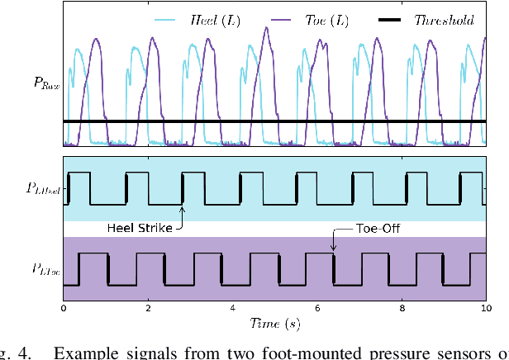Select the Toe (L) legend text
coord(326,20)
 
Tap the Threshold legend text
coord(444,20)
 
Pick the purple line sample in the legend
coord(282,20)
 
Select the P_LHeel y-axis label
coord(41,188)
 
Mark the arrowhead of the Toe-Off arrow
coord(333,250)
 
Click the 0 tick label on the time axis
coord(64,307)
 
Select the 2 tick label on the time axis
coord(148,307)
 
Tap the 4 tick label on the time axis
coord(232,307)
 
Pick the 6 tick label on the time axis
coord(317,307)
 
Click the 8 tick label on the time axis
coord(402,307)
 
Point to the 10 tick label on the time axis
coord(485,307)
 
